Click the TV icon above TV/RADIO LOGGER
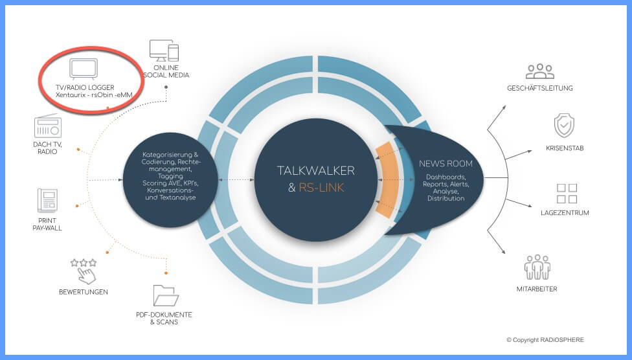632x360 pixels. [x=84, y=69]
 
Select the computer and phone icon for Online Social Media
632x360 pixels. [x=164, y=51]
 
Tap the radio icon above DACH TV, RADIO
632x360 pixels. [x=47, y=126]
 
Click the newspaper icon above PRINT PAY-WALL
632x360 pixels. [x=47, y=200]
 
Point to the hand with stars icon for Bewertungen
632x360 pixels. [x=84, y=271]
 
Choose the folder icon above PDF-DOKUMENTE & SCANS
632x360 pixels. [x=166, y=295]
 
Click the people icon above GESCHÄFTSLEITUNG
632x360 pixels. [x=540, y=71]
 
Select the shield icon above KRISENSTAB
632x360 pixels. [x=564, y=126]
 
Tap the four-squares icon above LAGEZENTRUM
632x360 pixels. [x=567, y=194]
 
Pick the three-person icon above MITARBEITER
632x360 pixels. [x=537, y=267]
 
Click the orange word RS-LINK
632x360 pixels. [x=321, y=188]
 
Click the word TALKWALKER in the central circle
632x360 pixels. [x=315, y=170]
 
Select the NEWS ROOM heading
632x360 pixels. [x=446, y=164]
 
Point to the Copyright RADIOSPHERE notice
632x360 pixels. [x=545, y=340]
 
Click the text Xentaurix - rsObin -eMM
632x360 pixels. [x=94, y=95]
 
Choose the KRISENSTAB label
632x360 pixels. [x=565, y=148]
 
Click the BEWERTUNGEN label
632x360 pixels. [x=84, y=292]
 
